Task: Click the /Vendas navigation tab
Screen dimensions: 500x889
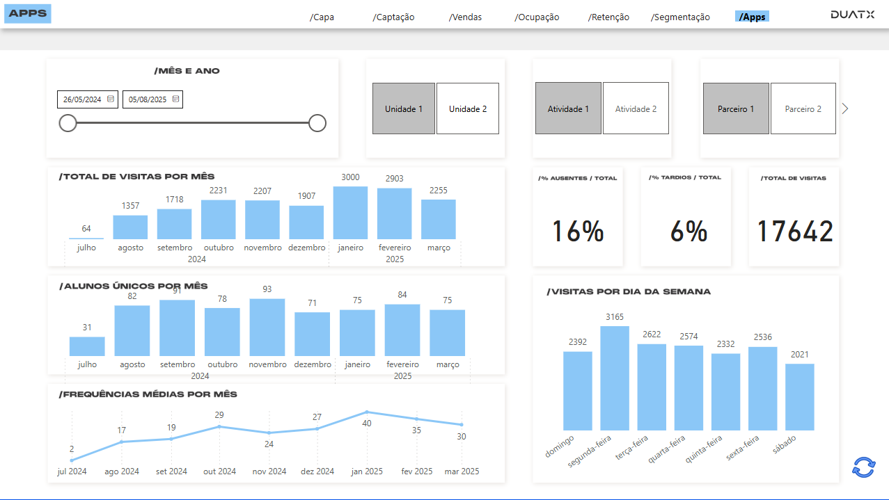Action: point(465,17)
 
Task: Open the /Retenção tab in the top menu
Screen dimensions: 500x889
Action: point(608,17)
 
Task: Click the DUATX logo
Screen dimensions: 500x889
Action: point(852,15)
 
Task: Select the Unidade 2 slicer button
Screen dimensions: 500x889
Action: point(468,108)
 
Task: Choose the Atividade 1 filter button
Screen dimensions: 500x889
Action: point(568,108)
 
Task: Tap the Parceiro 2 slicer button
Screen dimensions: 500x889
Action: point(803,108)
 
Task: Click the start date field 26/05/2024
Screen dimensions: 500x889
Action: point(82,99)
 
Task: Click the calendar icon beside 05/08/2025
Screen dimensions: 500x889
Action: point(175,99)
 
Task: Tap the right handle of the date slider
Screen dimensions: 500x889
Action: point(317,123)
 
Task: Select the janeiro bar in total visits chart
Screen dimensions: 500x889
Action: point(350,213)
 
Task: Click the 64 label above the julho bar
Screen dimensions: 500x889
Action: point(86,229)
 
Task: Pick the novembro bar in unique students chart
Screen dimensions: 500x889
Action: point(267,327)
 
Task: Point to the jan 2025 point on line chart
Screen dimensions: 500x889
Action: point(367,412)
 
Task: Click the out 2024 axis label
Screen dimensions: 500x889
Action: point(219,471)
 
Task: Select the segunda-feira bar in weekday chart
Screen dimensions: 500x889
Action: point(615,378)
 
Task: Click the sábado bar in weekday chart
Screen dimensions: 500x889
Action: point(800,396)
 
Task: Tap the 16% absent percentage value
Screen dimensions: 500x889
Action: point(577,232)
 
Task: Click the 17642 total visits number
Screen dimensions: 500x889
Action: point(794,232)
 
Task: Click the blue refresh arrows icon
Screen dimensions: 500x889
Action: point(863,467)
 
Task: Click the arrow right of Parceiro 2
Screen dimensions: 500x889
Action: point(845,108)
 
